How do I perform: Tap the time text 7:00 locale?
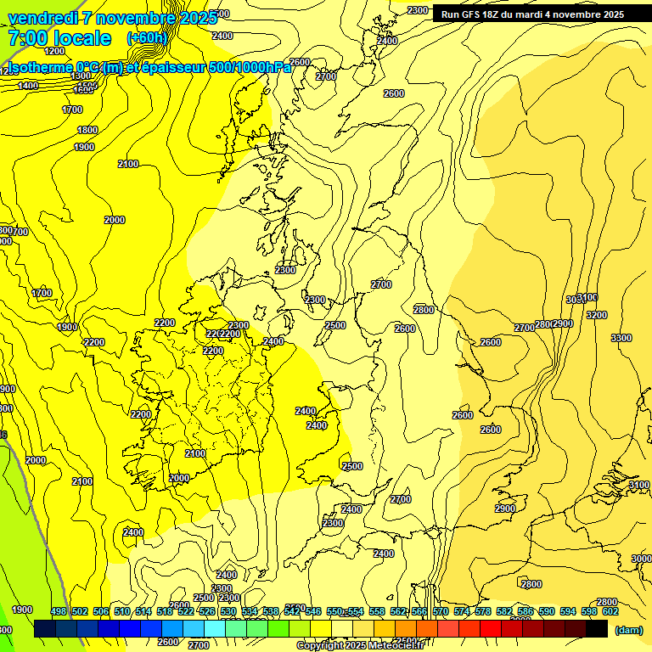pos(59,38)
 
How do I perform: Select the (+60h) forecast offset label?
pos(146,38)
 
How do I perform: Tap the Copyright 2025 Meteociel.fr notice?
pos(360,646)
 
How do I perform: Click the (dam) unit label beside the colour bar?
pos(628,630)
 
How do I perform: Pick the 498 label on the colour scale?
pos(59,611)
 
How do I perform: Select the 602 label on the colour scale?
pos(610,611)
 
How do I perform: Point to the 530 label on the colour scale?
pos(228,611)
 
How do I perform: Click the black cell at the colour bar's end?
pos(597,629)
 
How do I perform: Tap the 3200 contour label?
pos(597,315)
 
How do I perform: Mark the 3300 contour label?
pos(621,338)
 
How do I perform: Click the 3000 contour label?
pos(642,559)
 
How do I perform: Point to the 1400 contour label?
pos(28,86)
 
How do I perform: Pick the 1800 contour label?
pos(87,130)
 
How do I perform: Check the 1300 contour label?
pos(81,76)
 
